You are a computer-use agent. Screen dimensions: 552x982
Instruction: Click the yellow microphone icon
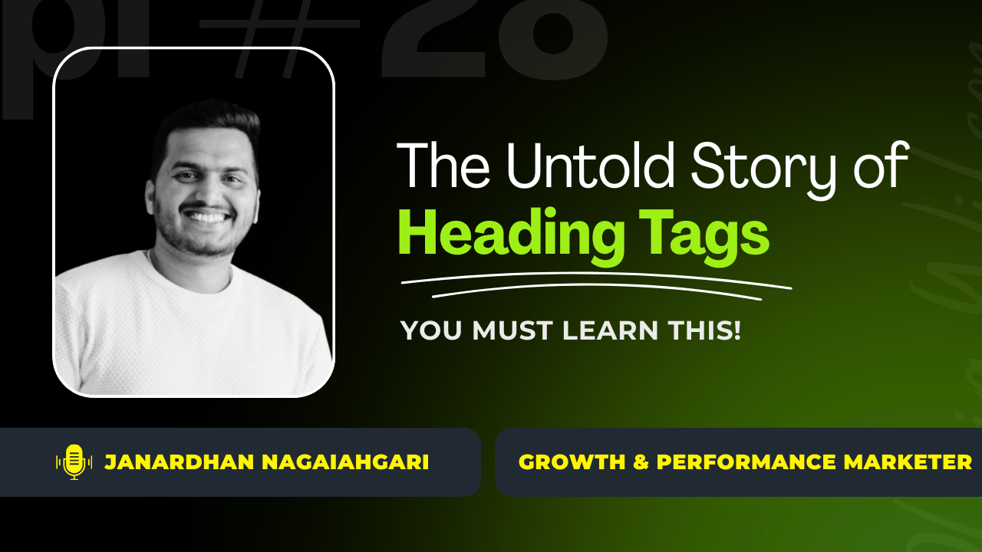[x=74, y=462]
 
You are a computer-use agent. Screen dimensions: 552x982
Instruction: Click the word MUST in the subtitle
[x=510, y=330]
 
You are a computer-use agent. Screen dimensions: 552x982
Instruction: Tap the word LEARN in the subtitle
[x=611, y=330]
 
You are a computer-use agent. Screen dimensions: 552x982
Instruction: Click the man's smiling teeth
[x=206, y=217]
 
